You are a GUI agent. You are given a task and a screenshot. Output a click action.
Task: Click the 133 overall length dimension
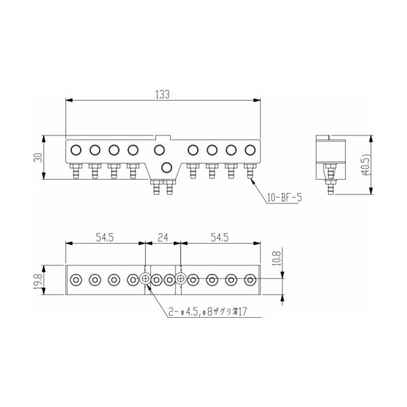163,95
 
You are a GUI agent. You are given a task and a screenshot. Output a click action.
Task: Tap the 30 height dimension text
38,157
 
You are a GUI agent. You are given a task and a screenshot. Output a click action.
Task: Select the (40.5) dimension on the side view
365,165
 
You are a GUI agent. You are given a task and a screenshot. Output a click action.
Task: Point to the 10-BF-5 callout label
284,198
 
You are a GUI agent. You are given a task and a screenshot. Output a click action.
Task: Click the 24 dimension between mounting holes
163,238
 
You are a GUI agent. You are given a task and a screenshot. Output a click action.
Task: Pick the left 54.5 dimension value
105,238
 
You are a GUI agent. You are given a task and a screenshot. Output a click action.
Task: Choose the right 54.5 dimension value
220,238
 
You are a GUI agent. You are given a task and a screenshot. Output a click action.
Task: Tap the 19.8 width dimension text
38,280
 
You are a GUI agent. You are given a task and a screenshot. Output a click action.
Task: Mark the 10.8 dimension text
277,258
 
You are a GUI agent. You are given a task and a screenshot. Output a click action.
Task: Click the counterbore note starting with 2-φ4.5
208,312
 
